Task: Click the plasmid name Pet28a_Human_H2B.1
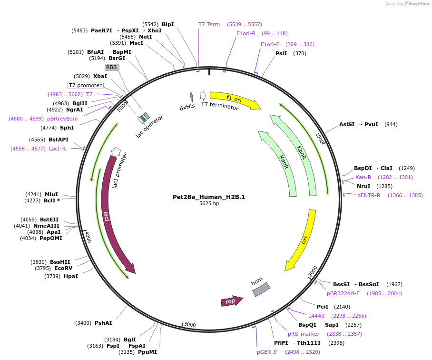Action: (209, 197)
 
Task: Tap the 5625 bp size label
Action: (209, 204)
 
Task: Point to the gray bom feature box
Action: (261, 289)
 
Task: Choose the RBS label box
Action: (111, 67)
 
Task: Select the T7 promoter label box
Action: (86, 85)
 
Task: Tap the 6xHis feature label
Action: (187, 107)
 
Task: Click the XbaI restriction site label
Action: (100, 76)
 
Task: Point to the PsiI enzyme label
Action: (281, 53)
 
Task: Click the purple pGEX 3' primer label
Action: (267, 352)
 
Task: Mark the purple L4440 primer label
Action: (316, 316)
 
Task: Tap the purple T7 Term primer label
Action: (209, 24)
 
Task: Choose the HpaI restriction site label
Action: (71, 276)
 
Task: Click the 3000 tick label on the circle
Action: (190, 325)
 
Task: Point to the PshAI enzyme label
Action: (103, 323)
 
